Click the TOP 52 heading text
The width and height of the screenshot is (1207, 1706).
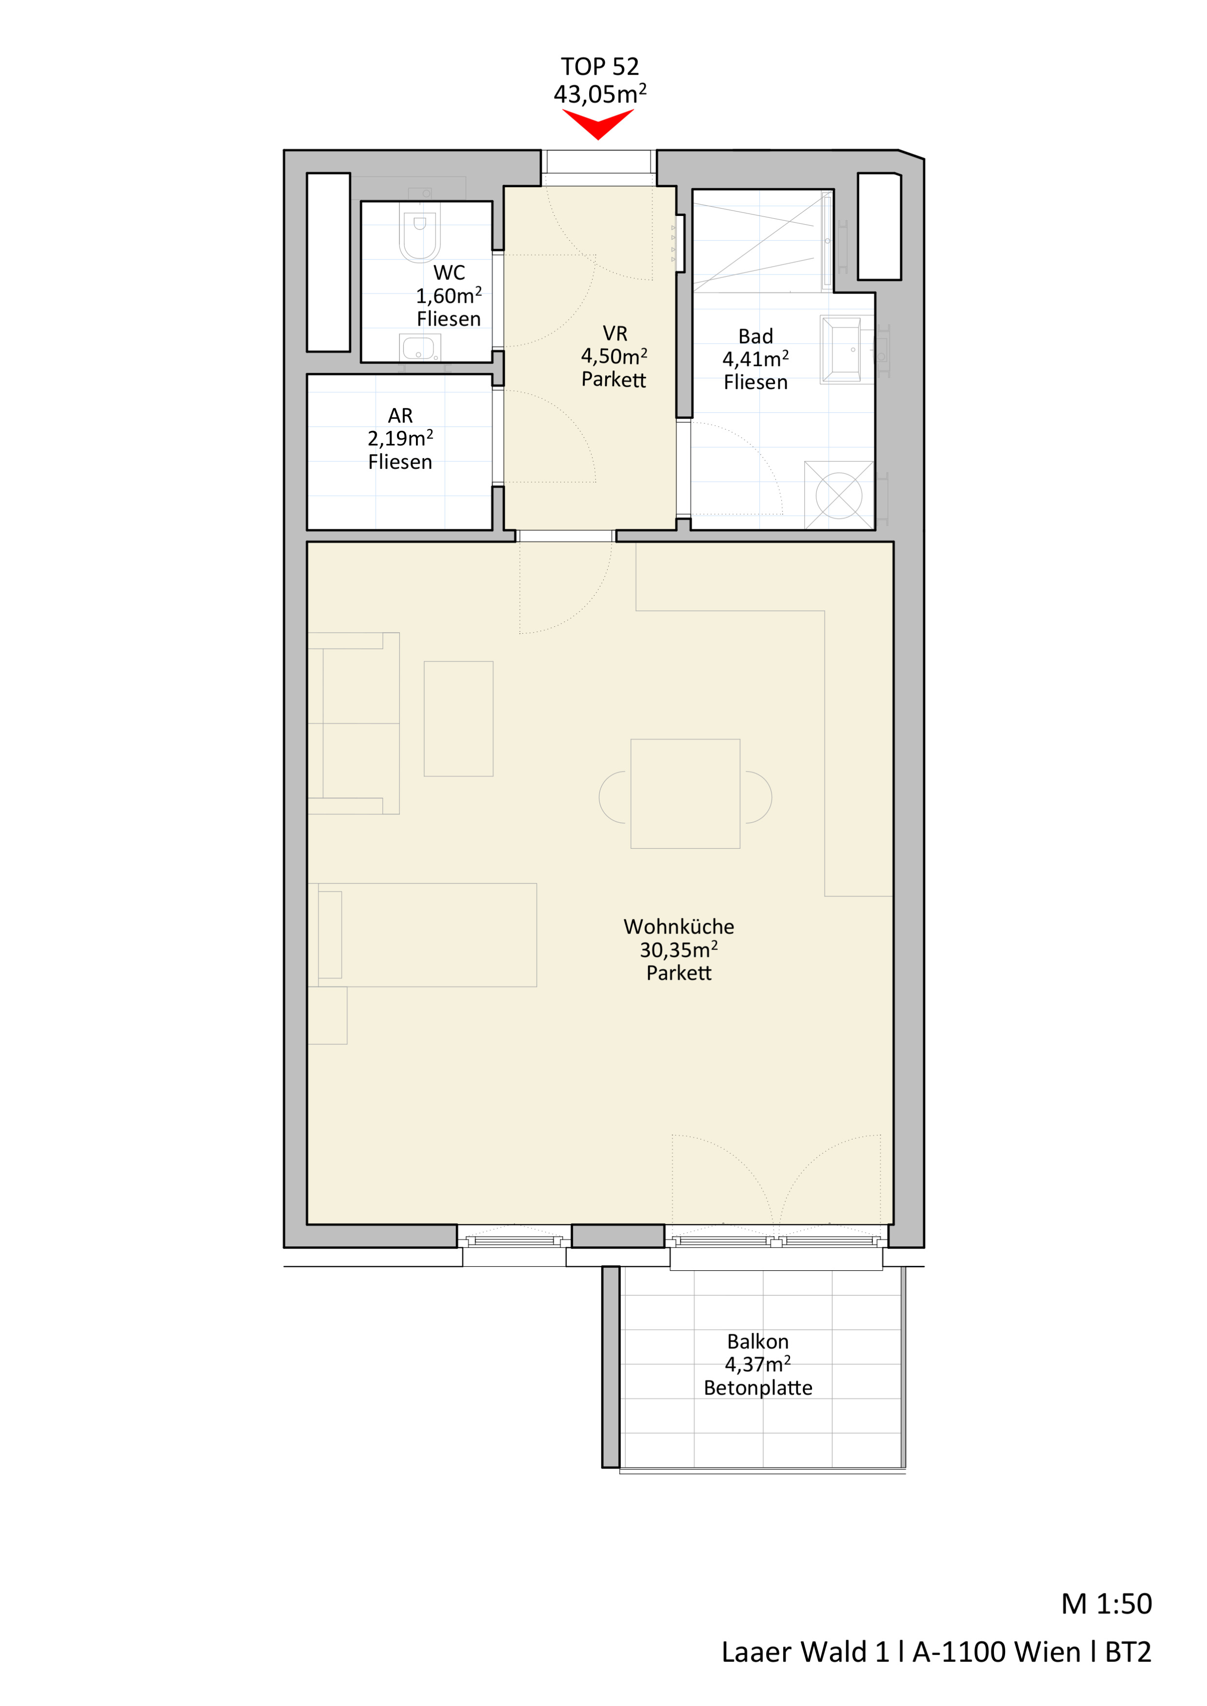[x=600, y=67]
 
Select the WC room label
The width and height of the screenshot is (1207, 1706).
[x=449, y=272]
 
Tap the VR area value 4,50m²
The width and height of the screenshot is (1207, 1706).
[x=614, y=357]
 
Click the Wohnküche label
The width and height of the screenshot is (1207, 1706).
[x=678, y=927]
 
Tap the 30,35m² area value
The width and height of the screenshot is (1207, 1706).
[x=678, y=950]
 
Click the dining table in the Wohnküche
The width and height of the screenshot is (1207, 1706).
[x=685, y=794]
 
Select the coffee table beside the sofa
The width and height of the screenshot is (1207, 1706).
[x=458, y=718]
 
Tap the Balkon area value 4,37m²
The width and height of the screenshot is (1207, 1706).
[x=758, y=1364]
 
